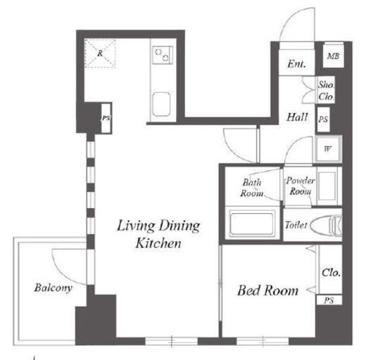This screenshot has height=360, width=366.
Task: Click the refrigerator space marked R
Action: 100,53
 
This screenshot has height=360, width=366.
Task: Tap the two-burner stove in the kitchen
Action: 163,55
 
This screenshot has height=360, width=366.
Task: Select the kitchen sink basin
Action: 161,104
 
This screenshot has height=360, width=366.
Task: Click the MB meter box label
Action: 333,56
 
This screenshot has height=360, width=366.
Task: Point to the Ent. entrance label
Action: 296,64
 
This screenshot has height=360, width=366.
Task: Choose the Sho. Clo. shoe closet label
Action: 326,91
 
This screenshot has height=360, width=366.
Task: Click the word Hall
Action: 297,117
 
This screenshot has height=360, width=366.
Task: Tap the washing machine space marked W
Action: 327,149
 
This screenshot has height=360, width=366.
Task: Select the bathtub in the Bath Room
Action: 252,223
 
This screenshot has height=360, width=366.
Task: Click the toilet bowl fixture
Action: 326,225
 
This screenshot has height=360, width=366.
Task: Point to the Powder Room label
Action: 301,186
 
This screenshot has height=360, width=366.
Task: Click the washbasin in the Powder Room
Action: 327,186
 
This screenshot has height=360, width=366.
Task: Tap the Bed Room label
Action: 267,290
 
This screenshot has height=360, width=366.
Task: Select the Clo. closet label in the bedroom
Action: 331,273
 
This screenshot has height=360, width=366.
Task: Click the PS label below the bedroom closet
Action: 329,300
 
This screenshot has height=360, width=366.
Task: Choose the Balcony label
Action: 53,288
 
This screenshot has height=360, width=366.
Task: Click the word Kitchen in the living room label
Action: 158,243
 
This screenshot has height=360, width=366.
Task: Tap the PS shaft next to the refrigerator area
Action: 106,118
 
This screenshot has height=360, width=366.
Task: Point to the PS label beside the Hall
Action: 323,120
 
